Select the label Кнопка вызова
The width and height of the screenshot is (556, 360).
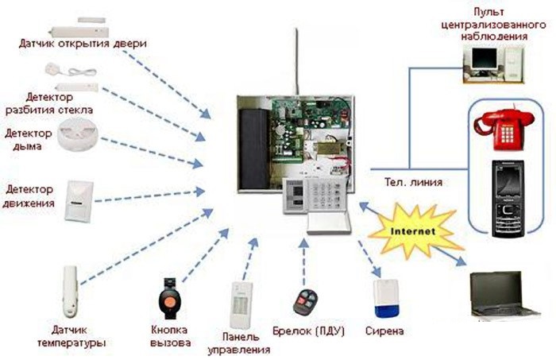pos(170,336)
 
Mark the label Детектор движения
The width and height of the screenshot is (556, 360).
pos(29,196)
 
